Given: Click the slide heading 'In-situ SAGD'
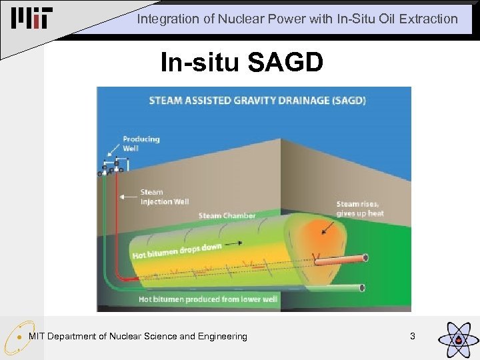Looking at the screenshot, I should coord(241,63).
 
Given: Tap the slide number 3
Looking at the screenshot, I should coord(412,337).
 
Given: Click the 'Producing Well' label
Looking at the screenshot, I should coord(141,143).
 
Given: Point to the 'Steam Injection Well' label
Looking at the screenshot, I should coord(164,197).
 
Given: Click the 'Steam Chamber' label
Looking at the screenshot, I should coord(227,215).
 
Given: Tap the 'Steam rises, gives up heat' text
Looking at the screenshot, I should coord(360,209).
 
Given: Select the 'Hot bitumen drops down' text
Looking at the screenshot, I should coord(177,251).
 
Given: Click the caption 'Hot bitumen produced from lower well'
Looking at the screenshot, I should coord(207,299).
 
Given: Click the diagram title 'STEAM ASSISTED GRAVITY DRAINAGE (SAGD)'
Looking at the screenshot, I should coord(257,101).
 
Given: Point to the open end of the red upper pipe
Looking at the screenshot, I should coord(365,258).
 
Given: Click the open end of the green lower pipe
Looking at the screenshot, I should coord(362,287).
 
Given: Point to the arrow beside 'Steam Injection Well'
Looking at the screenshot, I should coord(128,197).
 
